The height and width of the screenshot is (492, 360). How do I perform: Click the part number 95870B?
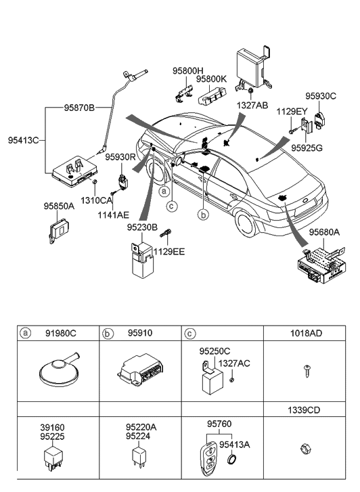(x=79, y=108)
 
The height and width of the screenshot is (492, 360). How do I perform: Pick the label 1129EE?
(x=169, y=251)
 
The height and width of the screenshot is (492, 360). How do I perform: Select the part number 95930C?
(x=320, y=96)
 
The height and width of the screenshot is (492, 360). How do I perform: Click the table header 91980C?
(x=62, y=334)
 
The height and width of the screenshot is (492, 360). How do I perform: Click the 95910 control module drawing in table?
(x=140, y=372)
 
